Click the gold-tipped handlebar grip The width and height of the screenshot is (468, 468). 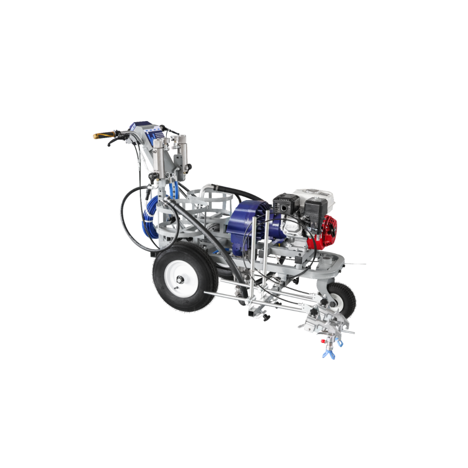tap(99, 136)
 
